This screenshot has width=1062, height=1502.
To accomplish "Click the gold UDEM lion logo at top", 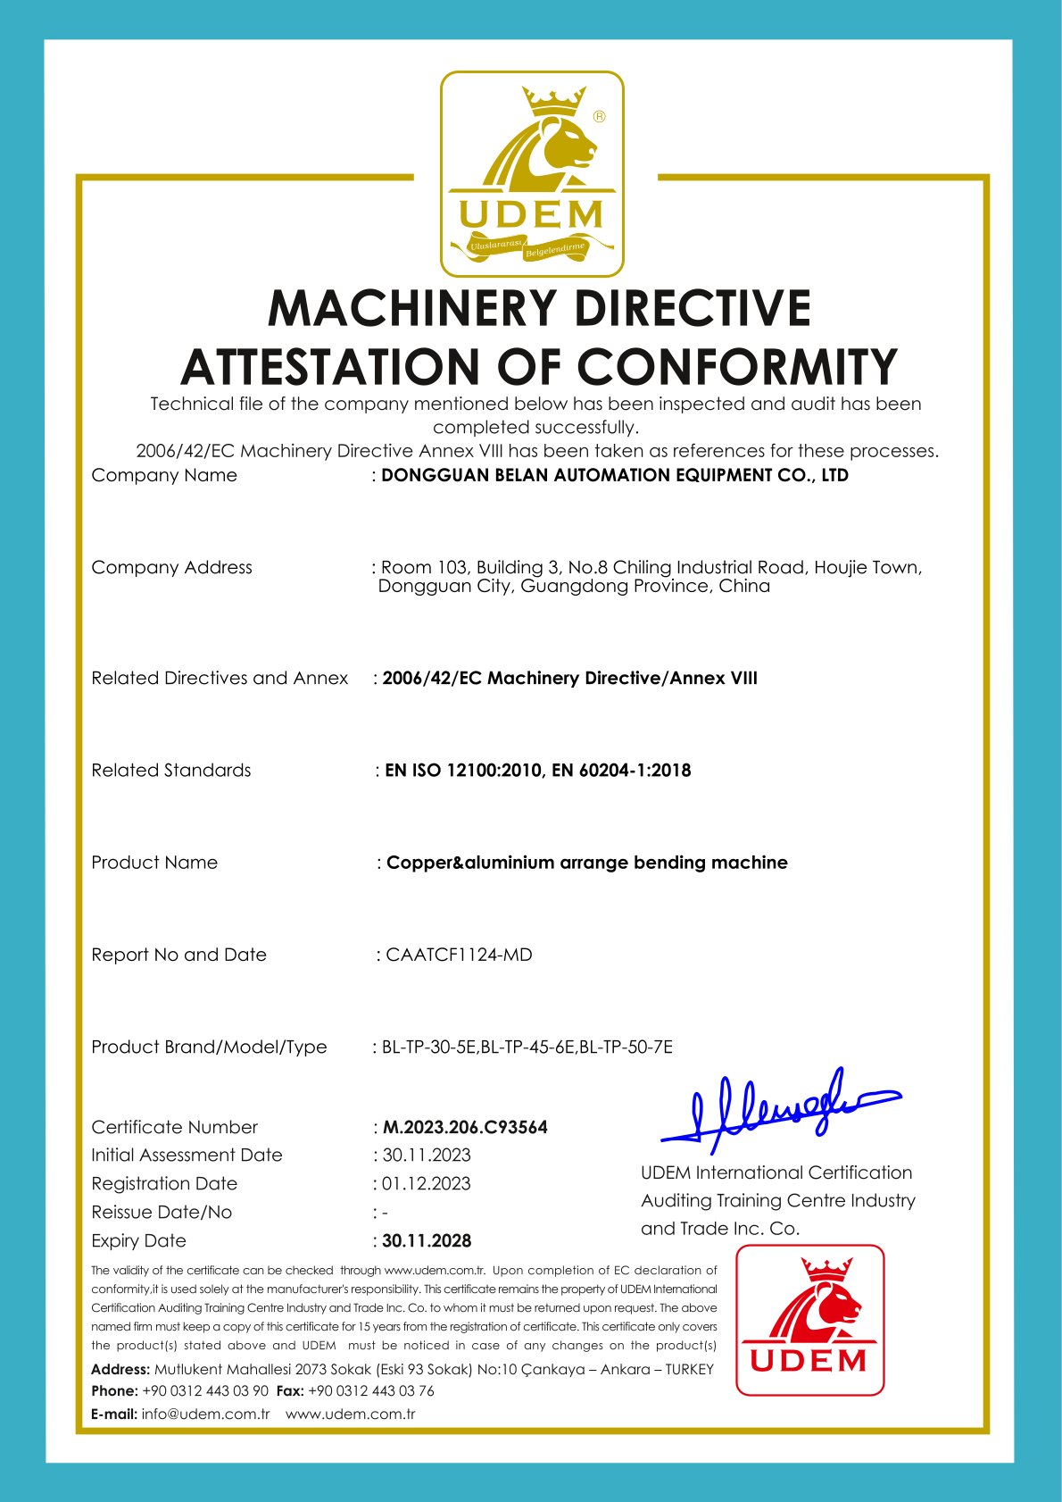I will coord(532,174).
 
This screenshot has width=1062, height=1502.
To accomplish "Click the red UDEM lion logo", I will coord(809,1320).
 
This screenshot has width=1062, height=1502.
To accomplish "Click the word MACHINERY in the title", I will coord(414,309).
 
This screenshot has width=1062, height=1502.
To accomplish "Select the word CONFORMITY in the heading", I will coord(736,367).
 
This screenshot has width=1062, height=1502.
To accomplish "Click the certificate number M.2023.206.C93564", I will coord(464,1127).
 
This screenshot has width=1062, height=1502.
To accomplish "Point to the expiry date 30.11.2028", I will coord(427,1240).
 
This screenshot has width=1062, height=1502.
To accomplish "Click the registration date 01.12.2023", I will coord(426,1183).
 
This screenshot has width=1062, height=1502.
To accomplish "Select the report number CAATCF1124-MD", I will coord(459,955).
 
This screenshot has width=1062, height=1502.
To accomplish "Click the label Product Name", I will coord(154,863).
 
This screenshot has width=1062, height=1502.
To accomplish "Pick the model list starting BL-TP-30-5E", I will coord(527,1047).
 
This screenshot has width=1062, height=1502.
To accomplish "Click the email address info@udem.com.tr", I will coord(205,1414).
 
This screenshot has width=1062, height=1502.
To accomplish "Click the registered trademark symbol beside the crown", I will coord(599,116).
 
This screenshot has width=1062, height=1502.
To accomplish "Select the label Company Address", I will coord(171,567).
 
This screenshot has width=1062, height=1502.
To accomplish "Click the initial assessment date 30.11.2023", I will coord(427,1155).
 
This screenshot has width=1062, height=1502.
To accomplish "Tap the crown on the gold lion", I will coord(553,101).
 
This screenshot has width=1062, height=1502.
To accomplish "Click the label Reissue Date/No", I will coord(162,1212).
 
